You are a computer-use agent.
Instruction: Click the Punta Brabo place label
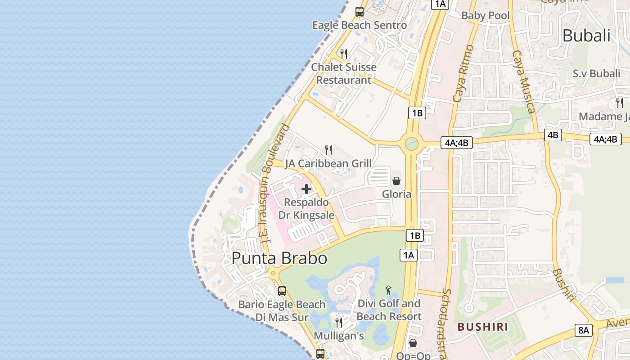click(x=279, y=258)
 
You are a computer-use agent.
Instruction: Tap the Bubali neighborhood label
click(x=586, y=36)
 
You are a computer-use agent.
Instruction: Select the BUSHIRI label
click(x=483, y=327)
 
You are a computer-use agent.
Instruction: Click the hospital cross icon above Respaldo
click(x=306, y=189)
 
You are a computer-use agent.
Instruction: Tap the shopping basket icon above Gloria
click(x=396, y=181)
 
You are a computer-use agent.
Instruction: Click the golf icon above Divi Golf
click(x=388, y=290)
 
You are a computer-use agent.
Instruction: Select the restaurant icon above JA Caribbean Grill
click(x=328, y=150)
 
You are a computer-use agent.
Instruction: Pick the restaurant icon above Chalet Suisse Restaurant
click(x=344, y=54)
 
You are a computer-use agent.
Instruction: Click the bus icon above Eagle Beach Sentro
click(x=359, y=12)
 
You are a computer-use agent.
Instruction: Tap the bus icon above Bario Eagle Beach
click(x=282, y=291)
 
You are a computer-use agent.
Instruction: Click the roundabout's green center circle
click(x=411, y=144)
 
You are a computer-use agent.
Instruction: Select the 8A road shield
click(x=584, y=330)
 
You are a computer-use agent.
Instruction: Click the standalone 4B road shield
click(x=553, y=135)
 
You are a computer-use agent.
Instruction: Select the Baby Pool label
click(x=486, y=16)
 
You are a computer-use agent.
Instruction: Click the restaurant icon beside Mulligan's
click(x=339, y=322)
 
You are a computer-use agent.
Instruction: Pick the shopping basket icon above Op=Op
click(x=413, y=343)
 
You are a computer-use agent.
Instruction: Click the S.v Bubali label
click(x=596, y=73)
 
